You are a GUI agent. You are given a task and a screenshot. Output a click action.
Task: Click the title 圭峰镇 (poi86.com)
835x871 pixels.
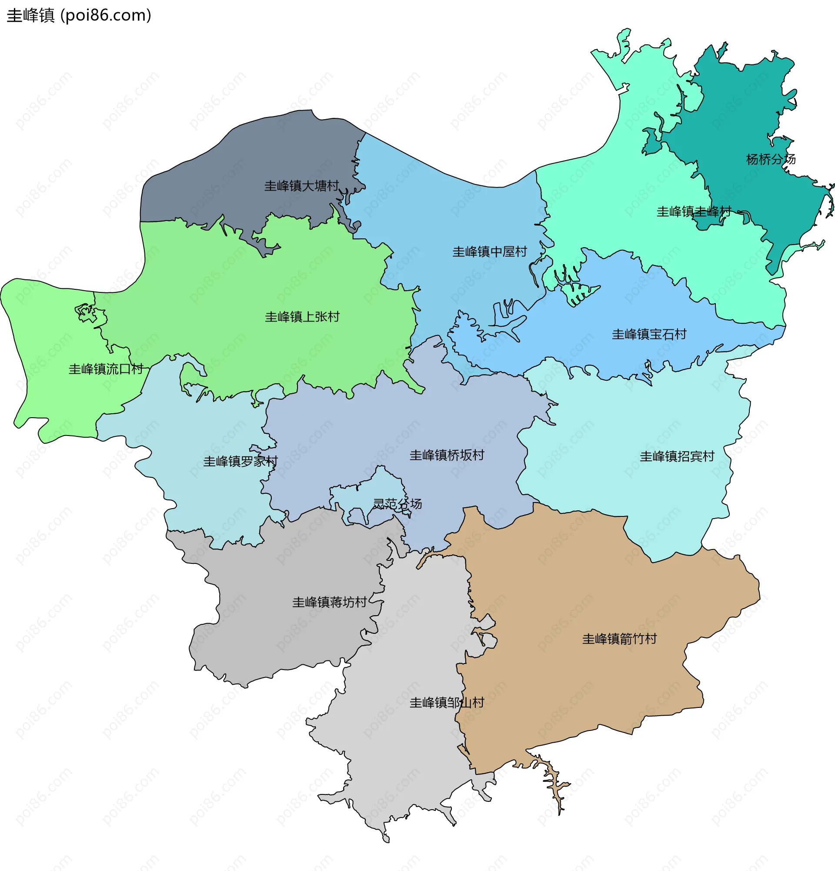(79, 16)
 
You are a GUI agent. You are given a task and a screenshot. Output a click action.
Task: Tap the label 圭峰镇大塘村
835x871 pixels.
(301, 186)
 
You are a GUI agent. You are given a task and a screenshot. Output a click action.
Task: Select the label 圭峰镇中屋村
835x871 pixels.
(489, 252)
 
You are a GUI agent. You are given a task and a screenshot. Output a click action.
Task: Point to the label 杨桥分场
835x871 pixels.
(771, 159)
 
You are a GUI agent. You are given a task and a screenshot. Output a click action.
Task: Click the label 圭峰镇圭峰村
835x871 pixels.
(694, 211)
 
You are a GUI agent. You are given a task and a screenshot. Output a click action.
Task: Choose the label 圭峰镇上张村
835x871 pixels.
(302, 317)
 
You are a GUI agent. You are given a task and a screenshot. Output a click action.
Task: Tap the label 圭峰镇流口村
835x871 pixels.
(106, 369)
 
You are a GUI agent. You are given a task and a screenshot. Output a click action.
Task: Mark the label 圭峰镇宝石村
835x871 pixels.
(649, 334)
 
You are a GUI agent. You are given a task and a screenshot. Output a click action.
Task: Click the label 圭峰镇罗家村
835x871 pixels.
(240, 461)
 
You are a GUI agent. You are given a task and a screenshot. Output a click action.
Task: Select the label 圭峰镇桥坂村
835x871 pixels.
(446, 455)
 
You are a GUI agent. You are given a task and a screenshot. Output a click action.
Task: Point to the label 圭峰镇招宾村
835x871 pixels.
(677, 456)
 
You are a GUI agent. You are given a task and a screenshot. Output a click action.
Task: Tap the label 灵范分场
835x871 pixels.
(397, 503)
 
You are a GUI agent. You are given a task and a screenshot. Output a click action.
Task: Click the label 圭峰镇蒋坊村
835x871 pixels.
(329, 602)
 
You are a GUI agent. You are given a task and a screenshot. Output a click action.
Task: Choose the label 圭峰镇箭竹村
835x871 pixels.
(619, 639)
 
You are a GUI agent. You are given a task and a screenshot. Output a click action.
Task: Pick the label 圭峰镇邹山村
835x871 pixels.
(446, 703)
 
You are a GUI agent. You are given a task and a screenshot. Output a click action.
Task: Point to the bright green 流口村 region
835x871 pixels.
(49, 338)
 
